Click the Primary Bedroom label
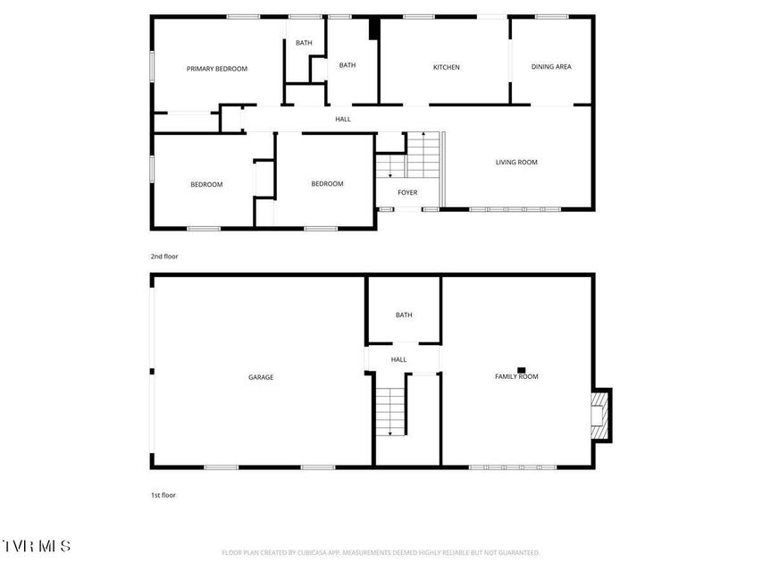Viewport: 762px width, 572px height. (217, 69)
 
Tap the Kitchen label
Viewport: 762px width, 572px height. (446, 67)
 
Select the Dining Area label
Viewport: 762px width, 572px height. (551, 67)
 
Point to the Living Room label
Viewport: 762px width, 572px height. (516, 162)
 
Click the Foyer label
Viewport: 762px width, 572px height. (407, 193)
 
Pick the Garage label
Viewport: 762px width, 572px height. (261, 377)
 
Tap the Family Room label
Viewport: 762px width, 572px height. (516, 376)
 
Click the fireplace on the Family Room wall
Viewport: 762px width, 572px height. (601, 416)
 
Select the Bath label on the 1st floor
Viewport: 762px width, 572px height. (404, 315)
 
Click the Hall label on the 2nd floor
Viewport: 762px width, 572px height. (343, 119)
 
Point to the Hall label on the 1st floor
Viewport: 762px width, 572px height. (398, 360)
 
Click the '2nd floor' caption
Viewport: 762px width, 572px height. (164, 257)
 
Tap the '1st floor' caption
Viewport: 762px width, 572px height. (163, 495)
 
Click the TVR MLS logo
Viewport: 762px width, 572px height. (37, 546)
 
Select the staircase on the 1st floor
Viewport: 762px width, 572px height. (390, 411)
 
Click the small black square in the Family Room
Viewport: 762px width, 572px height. (522, 370)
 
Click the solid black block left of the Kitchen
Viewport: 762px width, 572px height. (374, 29)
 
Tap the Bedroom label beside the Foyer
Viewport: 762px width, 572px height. (327, 184)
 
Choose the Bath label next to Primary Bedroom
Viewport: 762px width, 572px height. (304, 43)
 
